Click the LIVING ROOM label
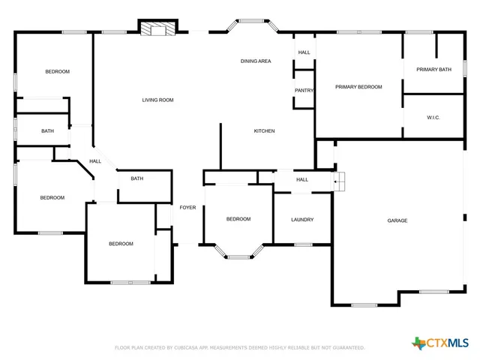(158, 100)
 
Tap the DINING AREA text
(256, 61)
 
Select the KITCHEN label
(264, 131)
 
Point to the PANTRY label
(304, 90)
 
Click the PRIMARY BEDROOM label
(358, 87)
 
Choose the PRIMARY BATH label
(433, 69)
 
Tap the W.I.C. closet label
(433, 117)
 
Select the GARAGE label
(397, 220)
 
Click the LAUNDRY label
(302, 220)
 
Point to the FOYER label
(187, 207)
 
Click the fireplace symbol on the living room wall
(158, 28)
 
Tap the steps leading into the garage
(340, 181)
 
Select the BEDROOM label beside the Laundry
(238, 219)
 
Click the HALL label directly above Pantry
(304, 52)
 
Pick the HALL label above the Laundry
(302, 180)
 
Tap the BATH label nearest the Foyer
(137, 178)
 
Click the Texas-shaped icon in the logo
(419, 343)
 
